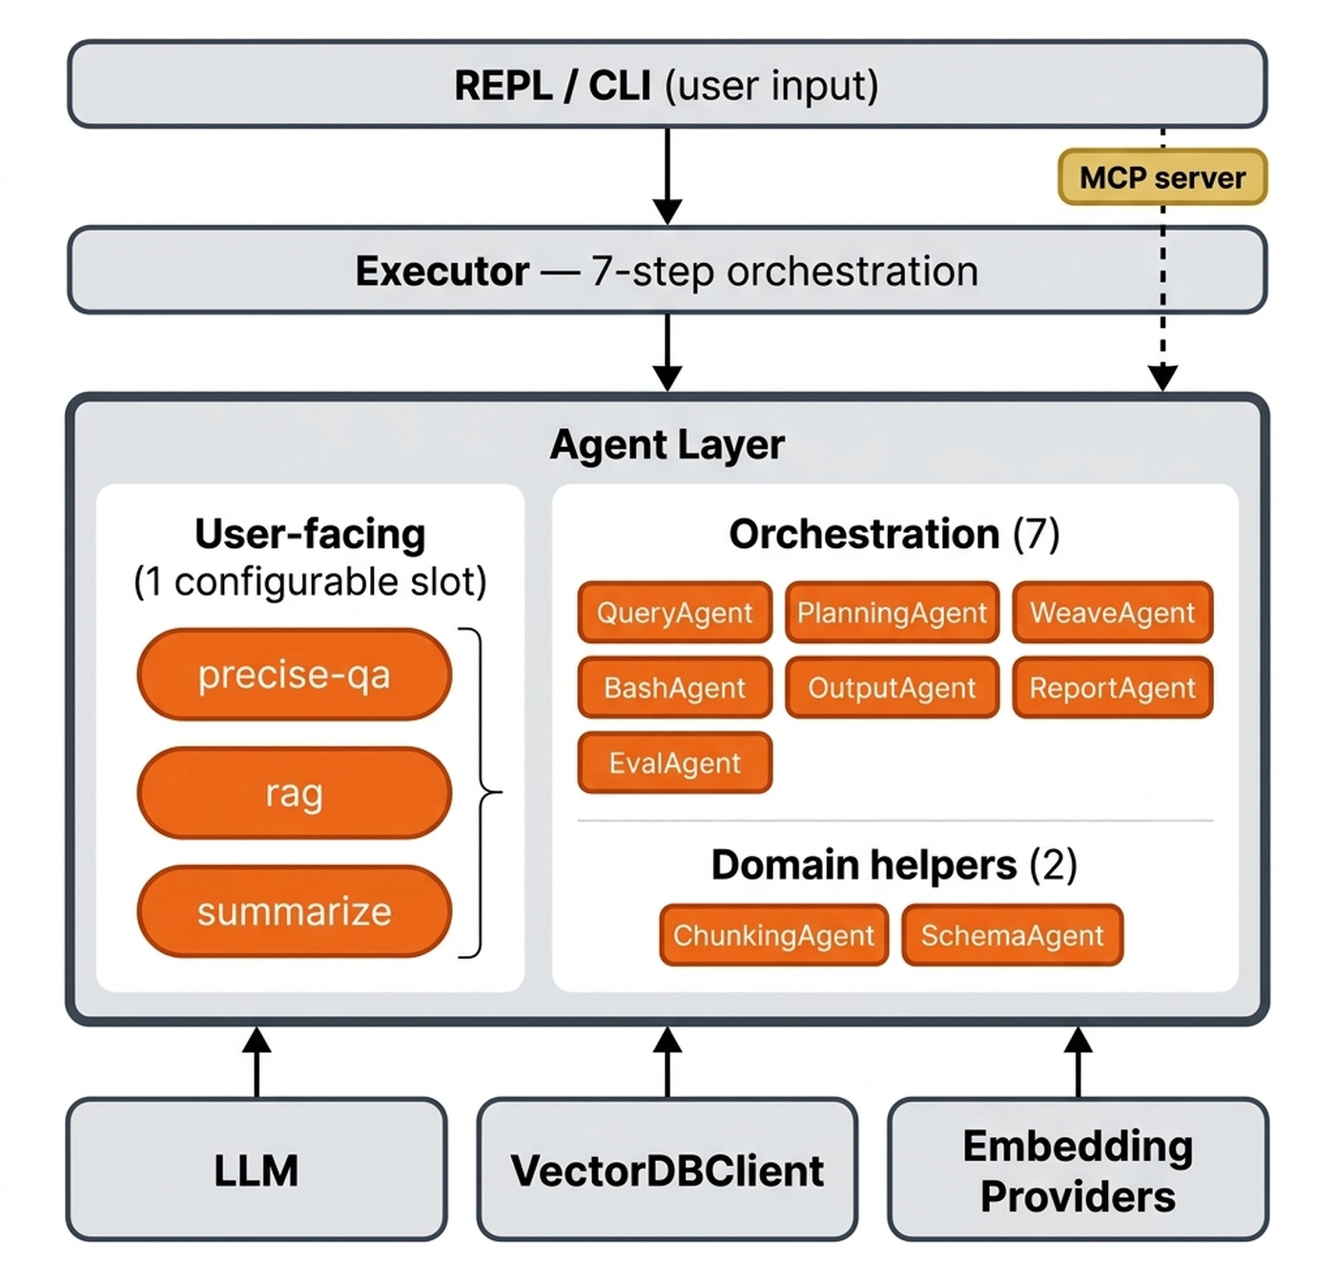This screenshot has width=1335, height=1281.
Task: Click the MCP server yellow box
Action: [x=1161, y=177]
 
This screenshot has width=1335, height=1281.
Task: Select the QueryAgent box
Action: [x=674, y=613]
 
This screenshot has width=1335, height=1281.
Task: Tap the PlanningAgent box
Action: [x=892, y=613]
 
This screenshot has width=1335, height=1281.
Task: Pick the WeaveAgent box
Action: [x=1112, y=613]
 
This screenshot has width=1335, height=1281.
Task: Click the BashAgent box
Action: [x=674, y=687]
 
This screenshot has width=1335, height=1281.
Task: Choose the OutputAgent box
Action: [x=892, y=687]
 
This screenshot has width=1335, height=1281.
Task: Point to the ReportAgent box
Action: [x=1112, y=687]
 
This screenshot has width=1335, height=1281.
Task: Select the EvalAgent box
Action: [x=674, y=762]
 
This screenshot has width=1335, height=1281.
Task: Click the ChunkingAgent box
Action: [x=773, y=935]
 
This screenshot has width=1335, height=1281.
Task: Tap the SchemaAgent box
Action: [x=1012, y=935]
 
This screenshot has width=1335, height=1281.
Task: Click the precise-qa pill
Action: [x=294, y=675]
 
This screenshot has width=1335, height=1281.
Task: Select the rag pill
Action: [x=294, y=793]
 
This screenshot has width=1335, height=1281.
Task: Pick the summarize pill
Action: [x=294, y=911]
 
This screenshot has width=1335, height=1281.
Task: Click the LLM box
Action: [x=257, y=1169]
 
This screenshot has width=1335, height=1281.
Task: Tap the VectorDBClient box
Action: [x=667, y=1169]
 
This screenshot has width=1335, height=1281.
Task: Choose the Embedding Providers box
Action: [x=1078, y=1169]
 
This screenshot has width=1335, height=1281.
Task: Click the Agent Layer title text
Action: [x=667, y=444]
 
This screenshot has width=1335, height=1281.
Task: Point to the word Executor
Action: [x=442, y=272]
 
